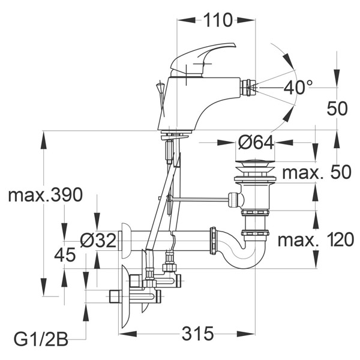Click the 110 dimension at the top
[x=218, y=20]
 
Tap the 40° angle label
[x=298, y=88]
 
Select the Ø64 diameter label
[x=256, y=143]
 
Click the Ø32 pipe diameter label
[x=98, y=241]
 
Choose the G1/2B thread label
[x=41, y=339]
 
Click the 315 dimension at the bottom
[x=197, y=334]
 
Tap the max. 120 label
[x=316, y=239]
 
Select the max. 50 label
[x=317, y=172]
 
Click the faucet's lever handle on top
[x=203, y=59]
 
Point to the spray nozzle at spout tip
[x=248, y=88]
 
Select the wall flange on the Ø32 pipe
[x=126, y=241]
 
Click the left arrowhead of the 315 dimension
[x=128, y=334]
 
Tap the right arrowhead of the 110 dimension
[x=246, y=20]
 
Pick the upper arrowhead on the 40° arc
[x=289, y=61]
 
